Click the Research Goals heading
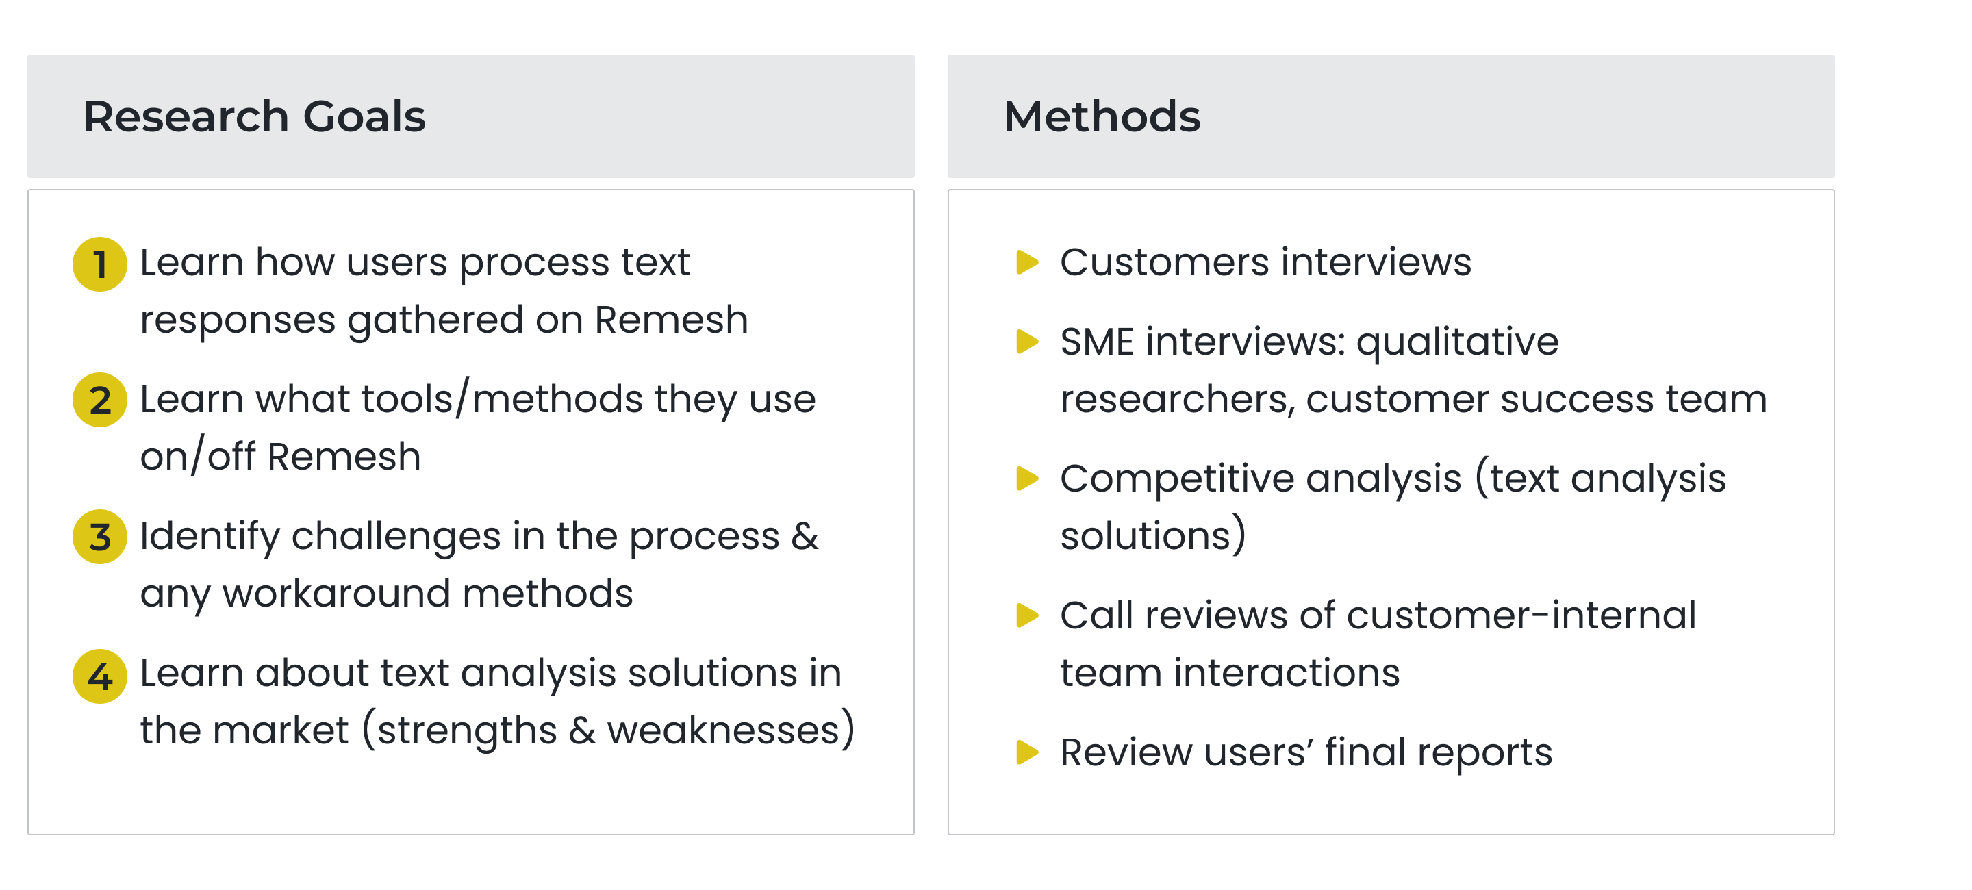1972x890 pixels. (x=254, y=116)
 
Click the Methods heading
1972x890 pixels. (x=1102, y=116)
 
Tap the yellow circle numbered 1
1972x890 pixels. (x=99, y=264)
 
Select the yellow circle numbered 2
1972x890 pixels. (x=99, y=399)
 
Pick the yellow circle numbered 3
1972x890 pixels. (x=99, y=537)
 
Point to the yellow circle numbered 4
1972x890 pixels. (x=99, y=676)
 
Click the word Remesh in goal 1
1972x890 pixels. (x=671, y=319)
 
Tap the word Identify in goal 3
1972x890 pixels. (x=210, y=537)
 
